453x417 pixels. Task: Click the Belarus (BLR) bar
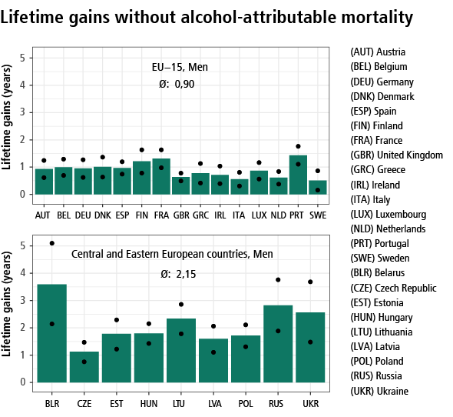click(52, 333)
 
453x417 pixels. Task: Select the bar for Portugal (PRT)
click(298, 175)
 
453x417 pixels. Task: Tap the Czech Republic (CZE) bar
click(84, 367)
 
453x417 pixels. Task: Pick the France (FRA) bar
click(161, 176)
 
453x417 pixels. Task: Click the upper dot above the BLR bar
click(52, 243)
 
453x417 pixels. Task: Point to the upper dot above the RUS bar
click(278, 280)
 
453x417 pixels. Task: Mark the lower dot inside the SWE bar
click(318, 190)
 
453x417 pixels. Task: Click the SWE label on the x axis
click(318, 215)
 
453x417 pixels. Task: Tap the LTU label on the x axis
click(179, 404)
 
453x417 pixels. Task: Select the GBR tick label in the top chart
click(181, 215)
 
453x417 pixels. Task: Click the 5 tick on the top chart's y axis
click(22, 58)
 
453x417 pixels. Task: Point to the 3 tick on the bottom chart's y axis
click(22, 301)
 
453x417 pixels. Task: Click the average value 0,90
click(184, 85)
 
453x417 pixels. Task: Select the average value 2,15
click(186, 274)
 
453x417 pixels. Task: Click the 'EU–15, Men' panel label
click(180, 67)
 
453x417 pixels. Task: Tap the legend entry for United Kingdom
click(396, 155)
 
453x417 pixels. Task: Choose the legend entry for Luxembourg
click(389, 215)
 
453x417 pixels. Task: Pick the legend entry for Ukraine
click(379, 392)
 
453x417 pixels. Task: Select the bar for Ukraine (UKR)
click(310, 348)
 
